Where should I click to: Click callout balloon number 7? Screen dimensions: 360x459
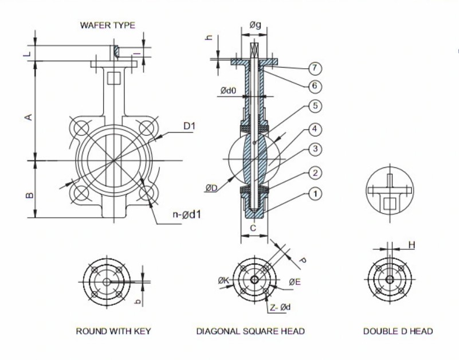[315, 68]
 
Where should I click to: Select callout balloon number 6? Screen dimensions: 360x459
[315, 87]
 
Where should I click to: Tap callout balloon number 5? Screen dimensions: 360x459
[315, 106]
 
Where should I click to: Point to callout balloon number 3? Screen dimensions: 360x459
[315, 149]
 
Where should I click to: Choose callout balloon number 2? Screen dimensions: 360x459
[315, 173]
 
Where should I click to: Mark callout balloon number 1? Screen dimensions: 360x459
[315, 194]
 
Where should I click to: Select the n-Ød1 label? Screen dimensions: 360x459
[190, 216]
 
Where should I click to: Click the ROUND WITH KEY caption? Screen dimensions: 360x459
[113, 331]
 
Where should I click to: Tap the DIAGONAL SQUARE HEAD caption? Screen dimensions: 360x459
[250, 331]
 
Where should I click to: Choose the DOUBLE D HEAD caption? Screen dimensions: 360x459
[398, 331]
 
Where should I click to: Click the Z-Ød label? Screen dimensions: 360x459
[280, 308]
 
